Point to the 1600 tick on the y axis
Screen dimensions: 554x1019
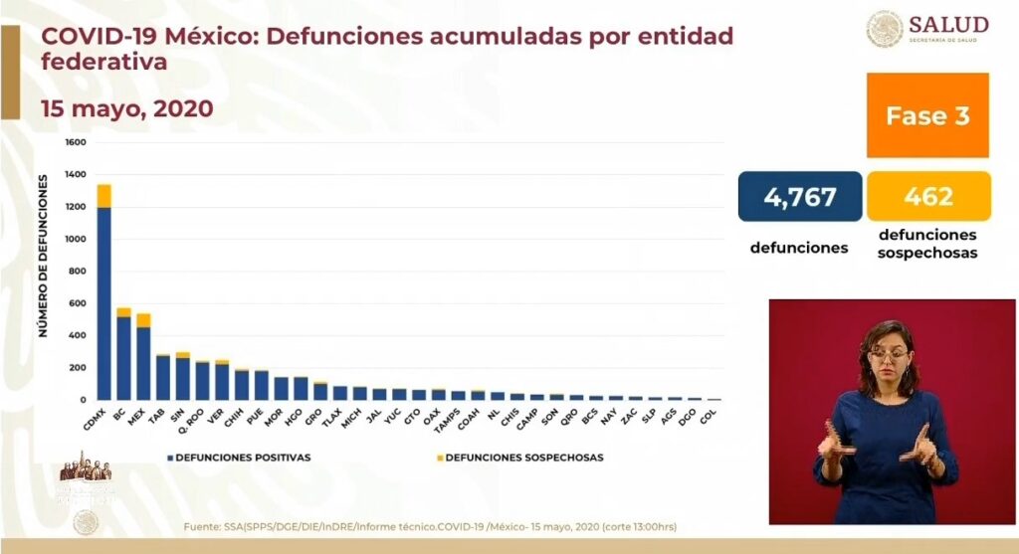click(76, 143)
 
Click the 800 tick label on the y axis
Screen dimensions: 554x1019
click(78, 272)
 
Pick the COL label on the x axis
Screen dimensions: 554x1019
click(708, 417)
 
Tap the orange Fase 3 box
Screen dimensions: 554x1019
click(927, 115)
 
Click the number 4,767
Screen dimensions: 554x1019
click(800, 196)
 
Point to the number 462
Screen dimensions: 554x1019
click(928, 196)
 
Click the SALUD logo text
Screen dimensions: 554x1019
click(951, 24)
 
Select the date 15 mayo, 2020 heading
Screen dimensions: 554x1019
click(127, 108)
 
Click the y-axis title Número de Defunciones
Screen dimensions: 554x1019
click(45, 256)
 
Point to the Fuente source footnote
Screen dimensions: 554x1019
click(430, 526)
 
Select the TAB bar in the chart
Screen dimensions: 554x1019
click(163, 377)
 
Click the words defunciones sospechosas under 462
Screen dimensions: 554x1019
click(927, 244)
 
